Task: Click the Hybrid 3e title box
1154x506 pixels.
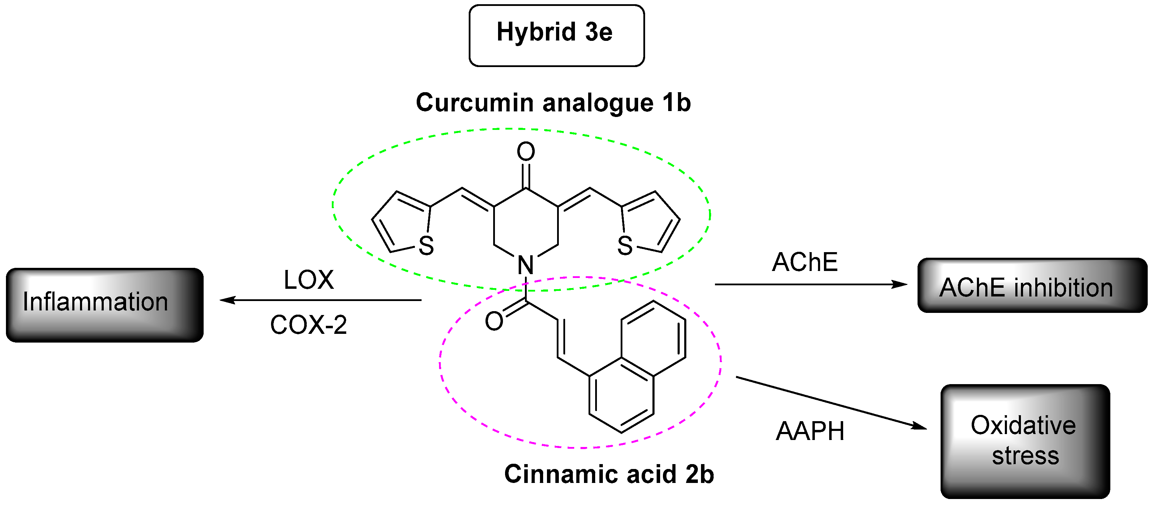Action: click(x=556, y=35)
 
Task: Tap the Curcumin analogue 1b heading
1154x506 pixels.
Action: click(x=553, y=103)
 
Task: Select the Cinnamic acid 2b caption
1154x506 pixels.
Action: click(x=609, y=474)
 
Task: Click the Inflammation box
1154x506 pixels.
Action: click(x=104, y=305)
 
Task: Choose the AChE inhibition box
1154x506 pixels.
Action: click(x=1032, y=285)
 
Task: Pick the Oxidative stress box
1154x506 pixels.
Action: click(x=1025, y=441)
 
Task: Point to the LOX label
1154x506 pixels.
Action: click(x=309, y=280)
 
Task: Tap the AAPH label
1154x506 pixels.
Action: click(x=810, y=431)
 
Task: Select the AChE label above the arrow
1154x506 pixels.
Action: click(x=805, y=262)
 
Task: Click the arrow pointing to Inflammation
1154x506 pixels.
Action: click(x=320, y=300)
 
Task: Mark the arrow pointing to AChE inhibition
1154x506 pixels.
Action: click(x=811, y=284)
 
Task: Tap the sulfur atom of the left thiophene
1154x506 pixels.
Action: click(x=426, y=245)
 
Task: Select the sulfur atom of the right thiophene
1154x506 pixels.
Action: click(x=625, y=245)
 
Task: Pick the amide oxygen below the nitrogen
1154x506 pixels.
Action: click(x=494, y=321)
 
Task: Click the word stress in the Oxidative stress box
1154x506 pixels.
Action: click(x=1025, y=456)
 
